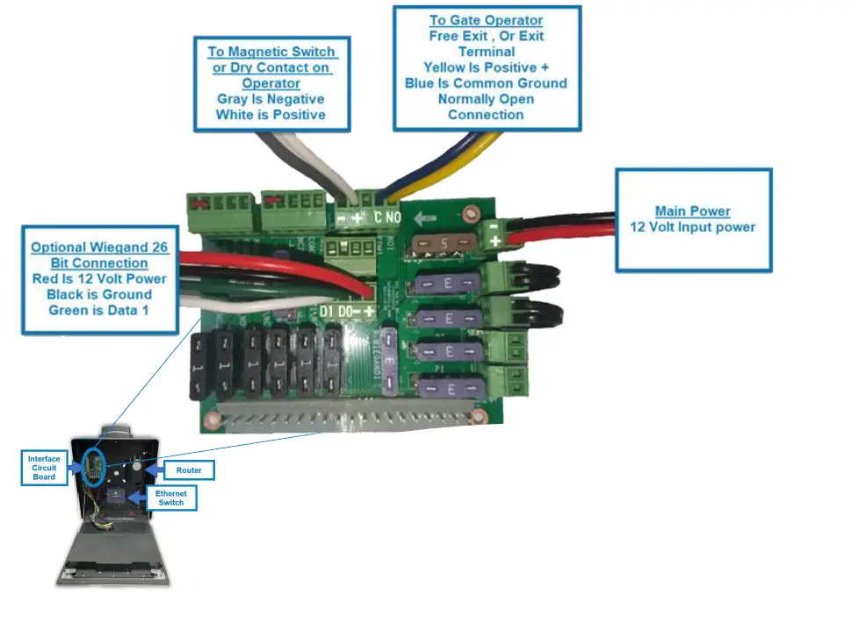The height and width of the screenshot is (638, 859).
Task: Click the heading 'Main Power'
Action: [692, 211]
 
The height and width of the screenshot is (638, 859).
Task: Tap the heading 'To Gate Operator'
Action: [486, 20]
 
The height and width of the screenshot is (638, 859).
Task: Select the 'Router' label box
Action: [189, 470]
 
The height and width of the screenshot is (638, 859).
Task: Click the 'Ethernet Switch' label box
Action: [170, 498]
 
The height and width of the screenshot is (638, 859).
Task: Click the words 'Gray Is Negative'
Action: [271, 99]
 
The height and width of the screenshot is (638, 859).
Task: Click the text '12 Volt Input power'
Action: [692, 227]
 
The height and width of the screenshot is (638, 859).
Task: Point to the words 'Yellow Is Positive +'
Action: [486, 68]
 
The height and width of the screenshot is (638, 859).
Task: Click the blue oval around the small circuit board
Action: [94, 466]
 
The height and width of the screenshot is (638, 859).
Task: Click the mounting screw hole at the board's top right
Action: [472, 211]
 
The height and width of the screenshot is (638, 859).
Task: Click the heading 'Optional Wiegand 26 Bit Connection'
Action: [98, 255]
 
